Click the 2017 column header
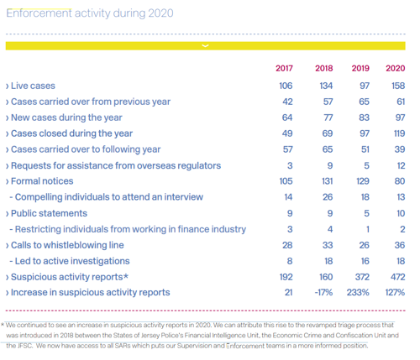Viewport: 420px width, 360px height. tap(284, 68)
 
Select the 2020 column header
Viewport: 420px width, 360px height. tap(396, 68)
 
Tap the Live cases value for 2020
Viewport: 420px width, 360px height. tap(398, 86)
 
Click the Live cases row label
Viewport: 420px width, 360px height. tap(33, 86)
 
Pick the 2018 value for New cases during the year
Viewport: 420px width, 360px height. tap(328, 117)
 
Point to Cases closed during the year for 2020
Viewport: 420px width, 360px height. tap(400, 133)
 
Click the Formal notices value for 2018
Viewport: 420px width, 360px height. tap(328, 181)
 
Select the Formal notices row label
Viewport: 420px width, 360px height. tap(42, 181)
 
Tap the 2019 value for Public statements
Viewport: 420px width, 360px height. tap(366, 213)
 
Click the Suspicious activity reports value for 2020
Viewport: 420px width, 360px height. tap(398, 277)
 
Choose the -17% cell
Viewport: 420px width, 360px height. tap(323, 293)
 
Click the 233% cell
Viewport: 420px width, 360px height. tap(358, 293)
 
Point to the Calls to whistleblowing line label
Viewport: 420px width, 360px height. tap(67, 245)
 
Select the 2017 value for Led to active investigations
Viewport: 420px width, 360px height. tap(290, 261)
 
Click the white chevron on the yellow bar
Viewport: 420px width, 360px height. tap(205, 45)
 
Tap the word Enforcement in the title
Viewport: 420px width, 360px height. tap(39, 13)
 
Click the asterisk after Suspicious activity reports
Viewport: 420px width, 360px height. tap(126, 276)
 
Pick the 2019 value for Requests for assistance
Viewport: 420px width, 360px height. tap(366, 165)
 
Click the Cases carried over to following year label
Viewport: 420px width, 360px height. tap(86, 149)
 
